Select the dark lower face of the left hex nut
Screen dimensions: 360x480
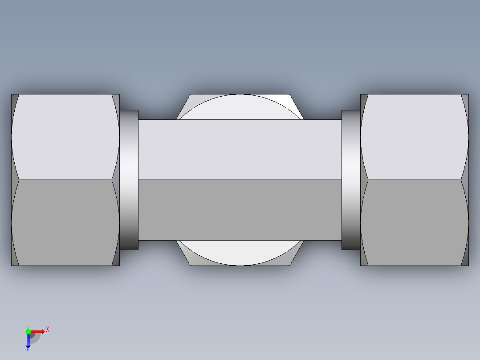65,223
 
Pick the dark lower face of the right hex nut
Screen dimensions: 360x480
414,223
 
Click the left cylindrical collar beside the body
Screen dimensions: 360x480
129,180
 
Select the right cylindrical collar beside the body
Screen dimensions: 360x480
351,180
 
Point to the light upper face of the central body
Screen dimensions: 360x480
240,150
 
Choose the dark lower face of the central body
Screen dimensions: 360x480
240,210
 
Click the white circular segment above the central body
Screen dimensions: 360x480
240,107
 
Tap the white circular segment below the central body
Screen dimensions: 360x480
240,253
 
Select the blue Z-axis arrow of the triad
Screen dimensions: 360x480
28,341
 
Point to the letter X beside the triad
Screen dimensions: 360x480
48,329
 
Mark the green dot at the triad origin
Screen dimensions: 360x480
28,331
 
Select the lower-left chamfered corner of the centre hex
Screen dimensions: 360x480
187,256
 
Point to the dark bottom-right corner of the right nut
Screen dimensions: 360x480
466,261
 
